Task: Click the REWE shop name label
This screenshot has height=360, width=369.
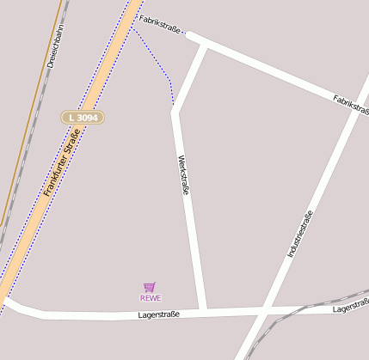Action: pos(151,298)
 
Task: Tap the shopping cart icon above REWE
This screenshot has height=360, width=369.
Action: pos(150,287)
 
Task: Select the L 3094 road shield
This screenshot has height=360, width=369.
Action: pos(83,116)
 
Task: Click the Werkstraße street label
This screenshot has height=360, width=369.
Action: pos(181,175)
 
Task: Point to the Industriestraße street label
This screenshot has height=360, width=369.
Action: pos(299,234)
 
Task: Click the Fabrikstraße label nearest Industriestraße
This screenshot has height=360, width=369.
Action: pos(350,103)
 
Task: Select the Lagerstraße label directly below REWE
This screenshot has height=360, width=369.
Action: pos(158,314)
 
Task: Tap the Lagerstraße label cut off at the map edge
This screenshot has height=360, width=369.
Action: pos(350,307)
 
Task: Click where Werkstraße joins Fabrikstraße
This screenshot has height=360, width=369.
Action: pos(205,46)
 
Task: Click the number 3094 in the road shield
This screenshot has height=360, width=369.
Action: pos(88,116)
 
